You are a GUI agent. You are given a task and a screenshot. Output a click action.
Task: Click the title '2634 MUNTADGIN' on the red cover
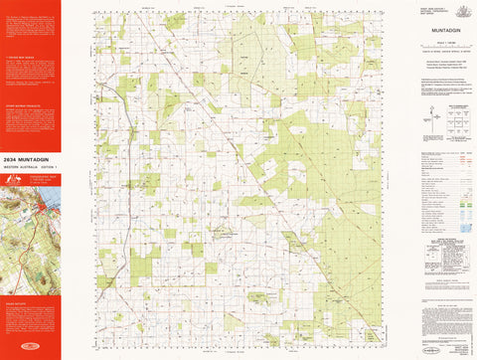click(x=27, y=156)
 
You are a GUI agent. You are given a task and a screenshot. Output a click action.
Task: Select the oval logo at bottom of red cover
click(x=30, y=350)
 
